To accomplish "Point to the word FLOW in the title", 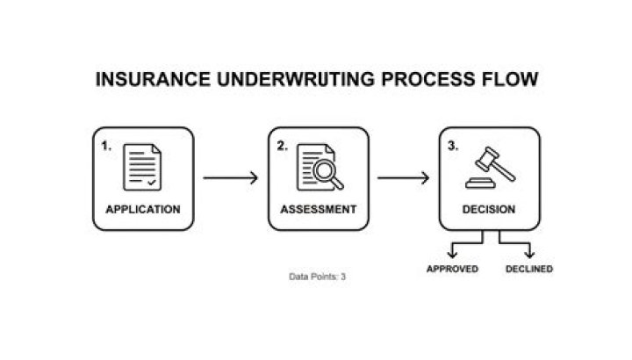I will [510, 80].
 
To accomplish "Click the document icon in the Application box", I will [142, 166].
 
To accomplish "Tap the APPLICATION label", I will [143, 210].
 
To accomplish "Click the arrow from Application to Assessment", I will [231, 178].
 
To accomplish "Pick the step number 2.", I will [283, 147].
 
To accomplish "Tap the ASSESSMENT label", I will [319, 210].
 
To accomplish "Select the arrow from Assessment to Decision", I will [404, 178].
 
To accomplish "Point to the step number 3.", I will [454, 147].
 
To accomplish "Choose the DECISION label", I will [489, 210].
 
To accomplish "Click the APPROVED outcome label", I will [452, 269].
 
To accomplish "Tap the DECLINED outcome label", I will [529, 269].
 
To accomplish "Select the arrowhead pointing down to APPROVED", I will [453, 254].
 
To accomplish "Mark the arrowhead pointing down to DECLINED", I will [529, 254].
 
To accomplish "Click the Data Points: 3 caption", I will [318, 277].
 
